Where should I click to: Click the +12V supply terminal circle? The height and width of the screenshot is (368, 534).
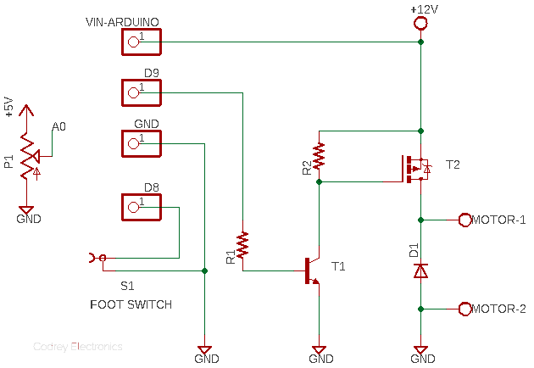click(420, 24)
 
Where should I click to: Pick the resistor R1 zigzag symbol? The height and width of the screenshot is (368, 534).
click(242, 245)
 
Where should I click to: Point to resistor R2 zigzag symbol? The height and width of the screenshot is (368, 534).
click(319, 156)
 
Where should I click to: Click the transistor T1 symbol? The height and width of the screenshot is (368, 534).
click(313, 270)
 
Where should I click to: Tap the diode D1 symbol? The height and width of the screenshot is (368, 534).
click(420, 270)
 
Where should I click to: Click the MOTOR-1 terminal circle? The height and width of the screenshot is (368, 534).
click(464, 220)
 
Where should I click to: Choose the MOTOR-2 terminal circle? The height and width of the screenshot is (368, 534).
click(464, 309)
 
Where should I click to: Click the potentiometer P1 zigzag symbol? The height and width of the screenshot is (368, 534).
click(28, 156)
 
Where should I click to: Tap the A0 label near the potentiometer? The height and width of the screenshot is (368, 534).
click(59, 126)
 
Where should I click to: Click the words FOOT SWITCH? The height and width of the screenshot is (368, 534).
click(131, 304)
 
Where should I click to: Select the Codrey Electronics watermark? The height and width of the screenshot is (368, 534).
click(78, 347)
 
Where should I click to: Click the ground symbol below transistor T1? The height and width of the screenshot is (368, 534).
click(319, 349)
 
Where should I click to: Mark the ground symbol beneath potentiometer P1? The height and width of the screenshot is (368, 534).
click(26, 210)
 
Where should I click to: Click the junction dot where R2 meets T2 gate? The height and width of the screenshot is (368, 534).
click(319, 182)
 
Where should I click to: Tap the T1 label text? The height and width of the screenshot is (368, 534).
click(338, 266)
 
